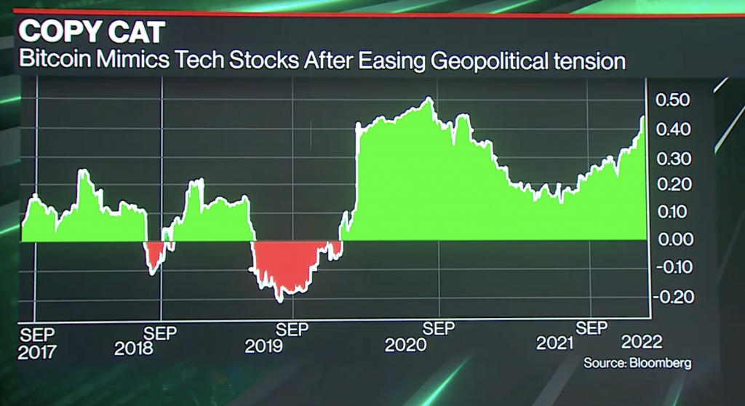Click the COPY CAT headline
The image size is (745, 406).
point(92,33)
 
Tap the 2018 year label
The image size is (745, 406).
point(134,348)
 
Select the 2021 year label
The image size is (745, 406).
point(555,343)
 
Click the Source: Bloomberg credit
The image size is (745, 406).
point(637,362)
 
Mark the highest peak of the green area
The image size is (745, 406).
point(429,98)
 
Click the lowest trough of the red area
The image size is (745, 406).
point(279,300)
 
